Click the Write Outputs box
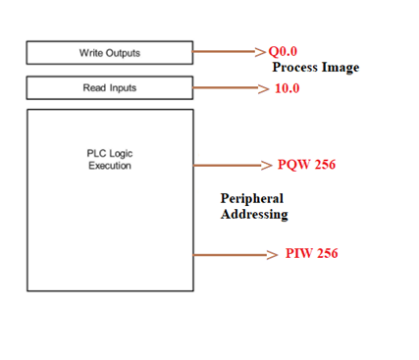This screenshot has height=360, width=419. (109, 52)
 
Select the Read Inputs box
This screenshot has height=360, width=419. (109, 88)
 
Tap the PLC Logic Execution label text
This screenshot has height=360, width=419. (109, 159)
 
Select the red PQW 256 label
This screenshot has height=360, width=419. (306, 164)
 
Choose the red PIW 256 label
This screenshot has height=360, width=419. (312, 254)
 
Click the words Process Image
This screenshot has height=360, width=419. (315, 68)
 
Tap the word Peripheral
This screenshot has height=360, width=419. (252, 198)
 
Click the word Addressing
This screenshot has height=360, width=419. (254, 214)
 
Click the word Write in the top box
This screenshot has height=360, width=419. (91, 52)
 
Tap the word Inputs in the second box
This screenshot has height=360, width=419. (123, 88)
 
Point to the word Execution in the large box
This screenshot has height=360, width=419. (109, 166)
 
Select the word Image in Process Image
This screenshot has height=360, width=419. (340, 68)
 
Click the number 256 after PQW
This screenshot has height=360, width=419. (323, 164)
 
